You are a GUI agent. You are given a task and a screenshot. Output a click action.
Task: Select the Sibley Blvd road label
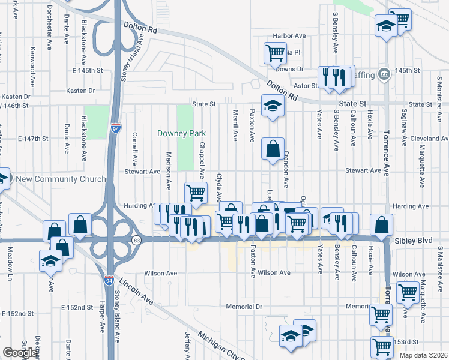coord(414,240)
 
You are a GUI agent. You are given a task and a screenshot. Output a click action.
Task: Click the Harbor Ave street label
coord(289,36)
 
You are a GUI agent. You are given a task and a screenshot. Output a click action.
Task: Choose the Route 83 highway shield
coord(137,240)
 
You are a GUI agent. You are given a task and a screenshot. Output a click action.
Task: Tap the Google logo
coord(20,353)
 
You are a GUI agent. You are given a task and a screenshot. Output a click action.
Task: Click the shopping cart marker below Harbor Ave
coord(275,52)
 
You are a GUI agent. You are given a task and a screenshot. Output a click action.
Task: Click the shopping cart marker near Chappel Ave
coord(196,193)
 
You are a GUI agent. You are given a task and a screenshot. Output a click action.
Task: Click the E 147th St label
coord(33,139)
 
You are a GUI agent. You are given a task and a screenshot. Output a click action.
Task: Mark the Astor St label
coord(305,86)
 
